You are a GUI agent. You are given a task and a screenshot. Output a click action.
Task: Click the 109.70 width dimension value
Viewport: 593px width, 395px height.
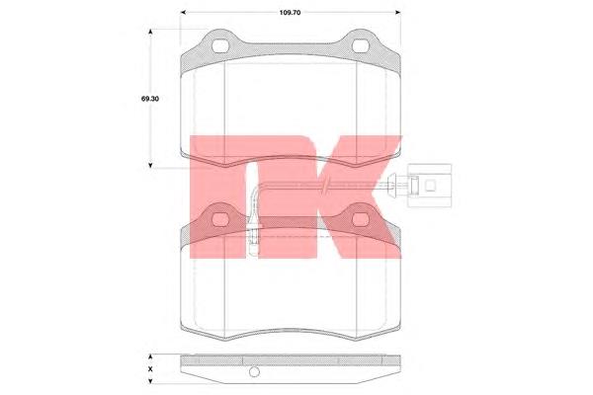pos(290,13)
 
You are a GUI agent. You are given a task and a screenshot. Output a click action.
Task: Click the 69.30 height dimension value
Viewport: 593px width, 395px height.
pos(150,99)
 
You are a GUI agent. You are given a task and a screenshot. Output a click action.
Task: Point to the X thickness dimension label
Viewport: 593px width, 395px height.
pos(150,369)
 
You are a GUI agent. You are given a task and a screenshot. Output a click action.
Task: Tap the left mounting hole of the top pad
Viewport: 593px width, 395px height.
pos(220,46)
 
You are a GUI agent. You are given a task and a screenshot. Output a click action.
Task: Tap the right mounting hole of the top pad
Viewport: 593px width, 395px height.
pos(360,46)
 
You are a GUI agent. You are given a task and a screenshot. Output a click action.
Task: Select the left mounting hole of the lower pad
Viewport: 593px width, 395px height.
pos(220,219)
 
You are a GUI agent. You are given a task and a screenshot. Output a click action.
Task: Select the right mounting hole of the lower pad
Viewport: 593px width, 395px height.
pos(360,219)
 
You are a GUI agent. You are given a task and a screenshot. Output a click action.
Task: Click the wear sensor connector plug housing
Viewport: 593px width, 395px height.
pos(430,186)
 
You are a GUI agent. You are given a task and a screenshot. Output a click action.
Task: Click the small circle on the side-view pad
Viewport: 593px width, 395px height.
pos(255,372)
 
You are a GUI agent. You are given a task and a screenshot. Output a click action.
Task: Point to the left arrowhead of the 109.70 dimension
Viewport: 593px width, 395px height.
pos(184,13)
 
